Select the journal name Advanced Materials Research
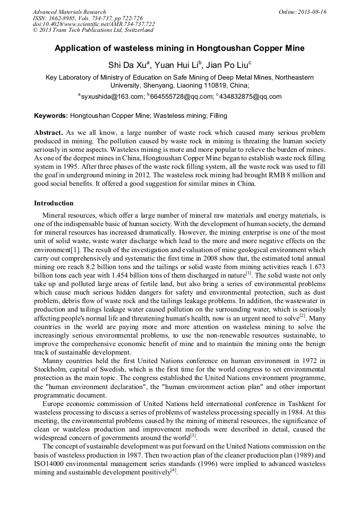pyautogui.click(x=69, y=12)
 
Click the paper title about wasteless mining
pyautogui.click(x=179, y=48)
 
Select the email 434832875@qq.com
pyautogui.click(x=250, y=97)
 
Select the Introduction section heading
pyautogui.click(x=54, y=203)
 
